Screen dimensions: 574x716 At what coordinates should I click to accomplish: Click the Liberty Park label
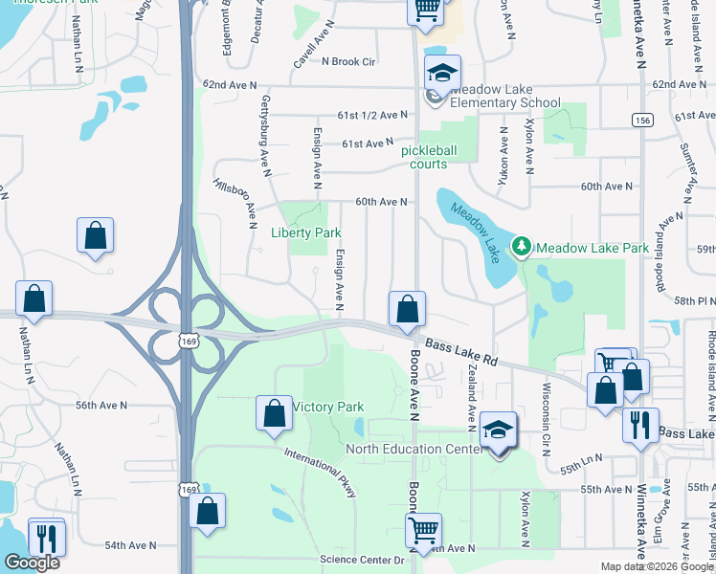300,232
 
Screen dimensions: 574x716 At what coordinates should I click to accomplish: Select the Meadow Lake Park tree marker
522,248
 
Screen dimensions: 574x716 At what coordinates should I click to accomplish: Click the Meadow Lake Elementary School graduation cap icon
442,73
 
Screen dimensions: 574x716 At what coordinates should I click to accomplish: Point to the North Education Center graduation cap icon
498,430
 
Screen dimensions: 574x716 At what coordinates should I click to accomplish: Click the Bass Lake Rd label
462,352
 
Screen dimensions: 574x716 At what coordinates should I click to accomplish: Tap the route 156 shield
641,120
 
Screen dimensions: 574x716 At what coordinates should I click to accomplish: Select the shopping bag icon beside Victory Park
274,412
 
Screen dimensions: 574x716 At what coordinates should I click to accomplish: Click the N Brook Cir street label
347,61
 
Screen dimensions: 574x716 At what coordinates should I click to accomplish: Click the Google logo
31,563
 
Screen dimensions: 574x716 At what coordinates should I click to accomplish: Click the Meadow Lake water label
476,234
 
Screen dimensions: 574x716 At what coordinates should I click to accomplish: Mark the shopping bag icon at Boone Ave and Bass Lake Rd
407,308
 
